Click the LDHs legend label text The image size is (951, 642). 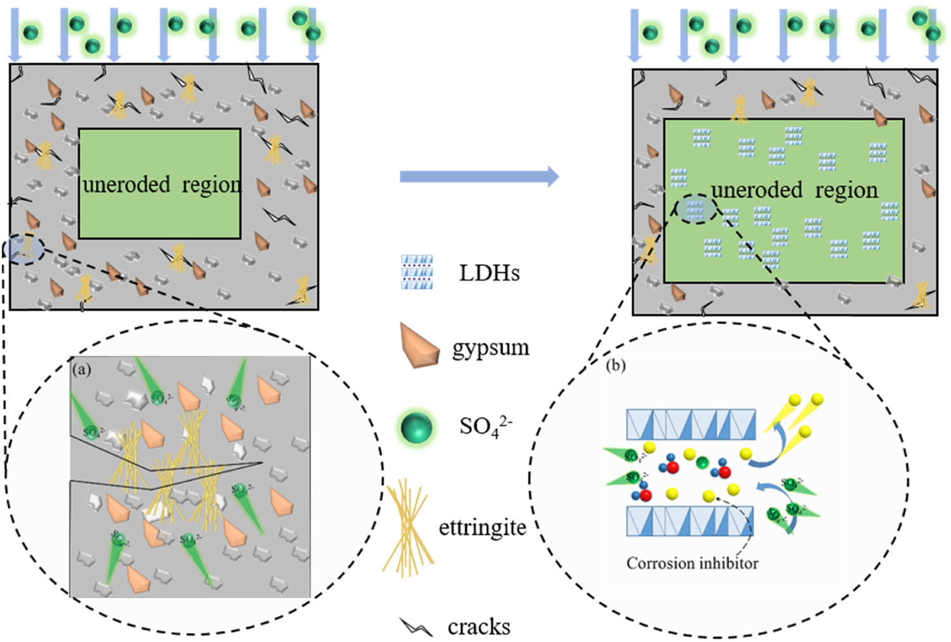pyautogui.click(x=489, y=273)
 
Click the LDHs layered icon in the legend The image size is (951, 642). pyautogui.click(x=417, y=273)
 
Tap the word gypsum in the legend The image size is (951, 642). pyautogui.click(x=490, y=347)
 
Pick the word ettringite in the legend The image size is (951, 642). pyautogui.click(x=482, y=527)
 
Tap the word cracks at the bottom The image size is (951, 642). pyautogui.click(x=479, y=627)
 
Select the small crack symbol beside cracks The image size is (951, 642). pyautogui.click(x=416, y=627)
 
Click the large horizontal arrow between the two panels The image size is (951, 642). pyautogui.click(x=479, y=176)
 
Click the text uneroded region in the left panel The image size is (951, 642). pyautogui.click(x=162, y=184)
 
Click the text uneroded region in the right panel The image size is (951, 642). pyautogui.click(x=794, y=189)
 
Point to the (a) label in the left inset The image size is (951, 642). pyautogui.click(x=82, y=369)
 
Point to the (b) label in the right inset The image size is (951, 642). pyautogui.click(x=616, y=366)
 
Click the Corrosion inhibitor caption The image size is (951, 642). pyautogui.click(x=692, y=563)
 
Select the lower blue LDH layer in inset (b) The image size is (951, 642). pyautogui.click(x=690, y=521)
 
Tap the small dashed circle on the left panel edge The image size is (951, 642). pyautogui.click(x=24, y=249)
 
